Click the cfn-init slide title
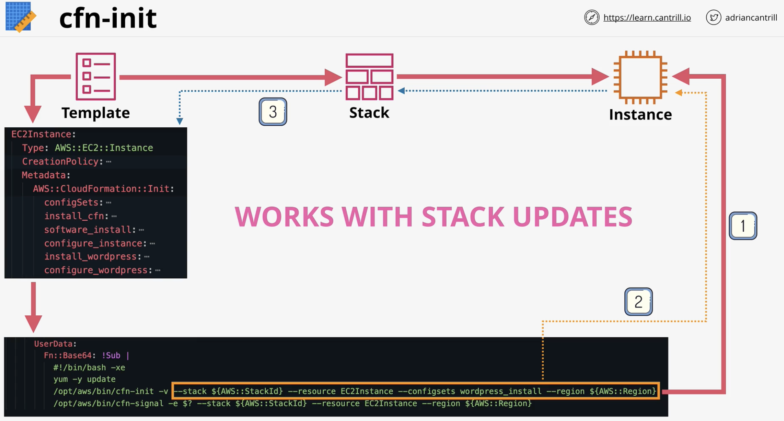click(x=108, y=18)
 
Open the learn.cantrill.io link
click(x=647, y=18)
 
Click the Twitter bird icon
click(x=713, y=18)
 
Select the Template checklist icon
click(x=96, y=76)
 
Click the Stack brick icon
click(x=370, y=77)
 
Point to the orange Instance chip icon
click(x=640, y=78)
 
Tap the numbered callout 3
click(x=273, y=112)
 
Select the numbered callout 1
click(x=743, y=226)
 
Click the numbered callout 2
click(x=638, y=302)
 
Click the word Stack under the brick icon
click(x=369, y=113)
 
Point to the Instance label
click(x=640, y=115)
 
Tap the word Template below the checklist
click(x=95, y=113)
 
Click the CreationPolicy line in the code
click(x=66, y=162)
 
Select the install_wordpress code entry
click(x=97, y=257)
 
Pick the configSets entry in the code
click(x=78, y=202)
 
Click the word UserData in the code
click(x=55, y=344)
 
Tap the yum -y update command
click(x=84, y=379)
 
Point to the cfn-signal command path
click(x=108, y=403)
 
